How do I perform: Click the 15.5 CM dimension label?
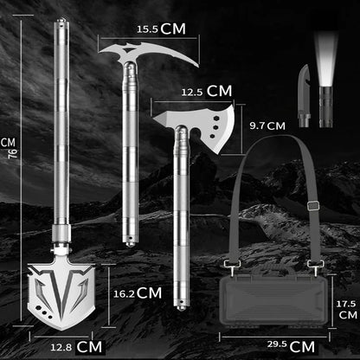click(161, 29)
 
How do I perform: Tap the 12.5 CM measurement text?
click(207, 91)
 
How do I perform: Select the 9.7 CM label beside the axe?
click(267, 125)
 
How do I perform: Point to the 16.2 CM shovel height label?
click(138, 293)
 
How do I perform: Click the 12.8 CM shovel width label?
click(76, 347)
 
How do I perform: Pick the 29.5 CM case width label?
click(291, 346)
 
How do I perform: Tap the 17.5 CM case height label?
click(346, 310)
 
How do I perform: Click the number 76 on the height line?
click(13, 153)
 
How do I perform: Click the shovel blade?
click(61, 297)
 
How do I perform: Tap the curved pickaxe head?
click(149, 54)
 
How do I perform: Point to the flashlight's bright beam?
click(326, 59)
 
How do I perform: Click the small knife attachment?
click(305, 96)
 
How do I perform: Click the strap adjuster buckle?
click(312, 205)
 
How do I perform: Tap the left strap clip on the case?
click(232, 267)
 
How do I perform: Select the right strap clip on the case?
click(316, 267)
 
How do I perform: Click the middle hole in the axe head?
click(215, 127)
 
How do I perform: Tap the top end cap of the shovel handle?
click(61, 22)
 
